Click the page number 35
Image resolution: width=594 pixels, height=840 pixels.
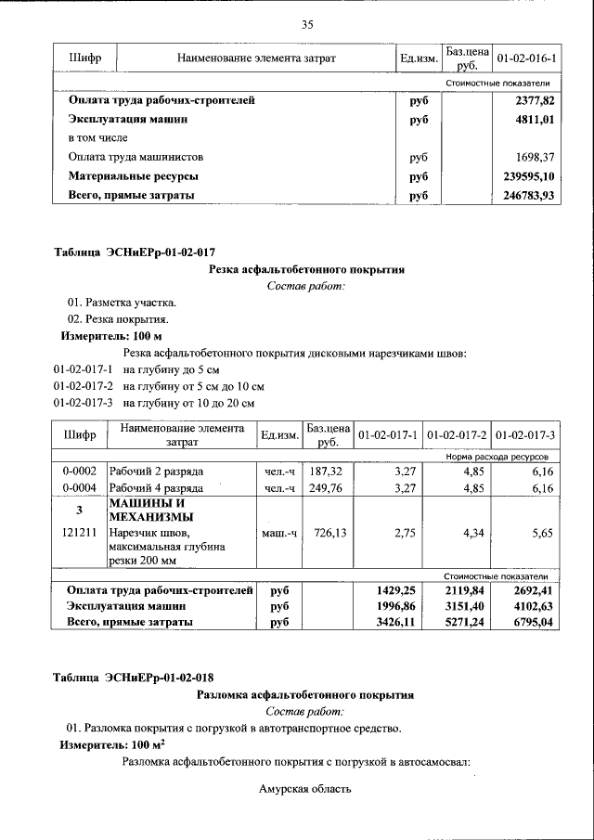click(307, 24)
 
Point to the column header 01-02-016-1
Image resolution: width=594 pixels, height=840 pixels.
click(526, 59)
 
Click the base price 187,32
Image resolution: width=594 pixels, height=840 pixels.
click(326, 472)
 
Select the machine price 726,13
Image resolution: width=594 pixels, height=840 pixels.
click(326, 533)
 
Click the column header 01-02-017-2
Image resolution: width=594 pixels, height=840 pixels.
click(456, 434)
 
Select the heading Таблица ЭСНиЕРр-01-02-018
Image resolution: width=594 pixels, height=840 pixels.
click(135, 677)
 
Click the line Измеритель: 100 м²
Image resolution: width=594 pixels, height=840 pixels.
click(112, 745)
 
